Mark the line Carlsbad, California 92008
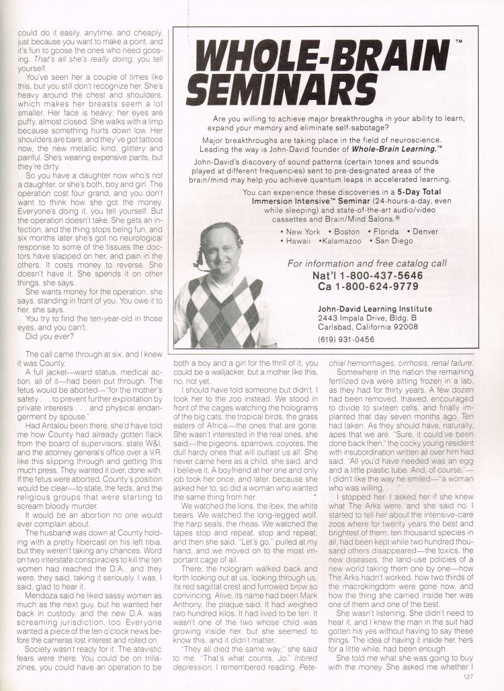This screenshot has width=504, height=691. pyautogui.click(x=368, y=327)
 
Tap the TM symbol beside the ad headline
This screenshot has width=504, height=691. pyautogui.click(x=458, y=42)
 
